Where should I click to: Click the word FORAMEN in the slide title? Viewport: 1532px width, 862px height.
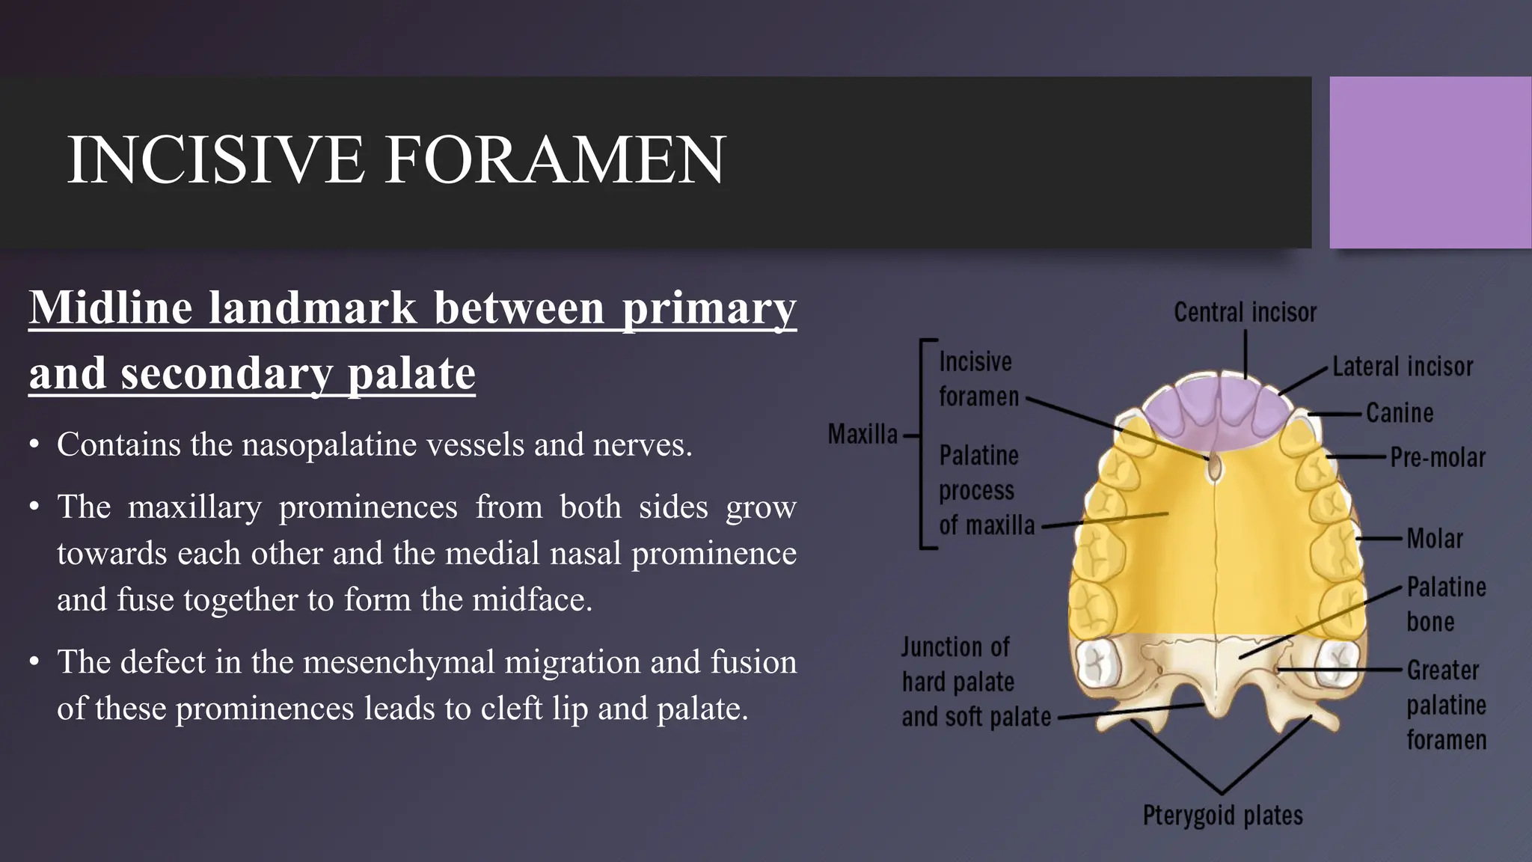coord(554,159)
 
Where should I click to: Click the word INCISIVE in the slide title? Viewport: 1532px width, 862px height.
coord(215,159)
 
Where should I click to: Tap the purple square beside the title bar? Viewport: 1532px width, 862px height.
coord(1430,162)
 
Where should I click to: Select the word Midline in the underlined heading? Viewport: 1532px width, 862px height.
coord(110,308)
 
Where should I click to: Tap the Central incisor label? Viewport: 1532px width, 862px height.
coord(1245,313)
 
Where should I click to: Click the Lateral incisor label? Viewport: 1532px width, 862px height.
coord(1403,367)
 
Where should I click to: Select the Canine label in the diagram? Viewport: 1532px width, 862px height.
coord(1400,413)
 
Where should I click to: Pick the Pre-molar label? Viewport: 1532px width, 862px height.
coord(1438,458)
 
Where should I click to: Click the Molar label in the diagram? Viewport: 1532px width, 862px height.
coord(1434,539)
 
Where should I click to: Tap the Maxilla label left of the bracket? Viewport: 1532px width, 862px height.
coord(862,434)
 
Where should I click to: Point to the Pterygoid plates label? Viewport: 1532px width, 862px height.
coord(1222,816)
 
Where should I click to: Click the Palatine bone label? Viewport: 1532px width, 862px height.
coord(1445,604)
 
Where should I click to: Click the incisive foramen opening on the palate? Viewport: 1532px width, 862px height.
coord(1215,468)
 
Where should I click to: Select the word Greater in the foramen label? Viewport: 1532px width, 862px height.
coord(1443,670)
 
